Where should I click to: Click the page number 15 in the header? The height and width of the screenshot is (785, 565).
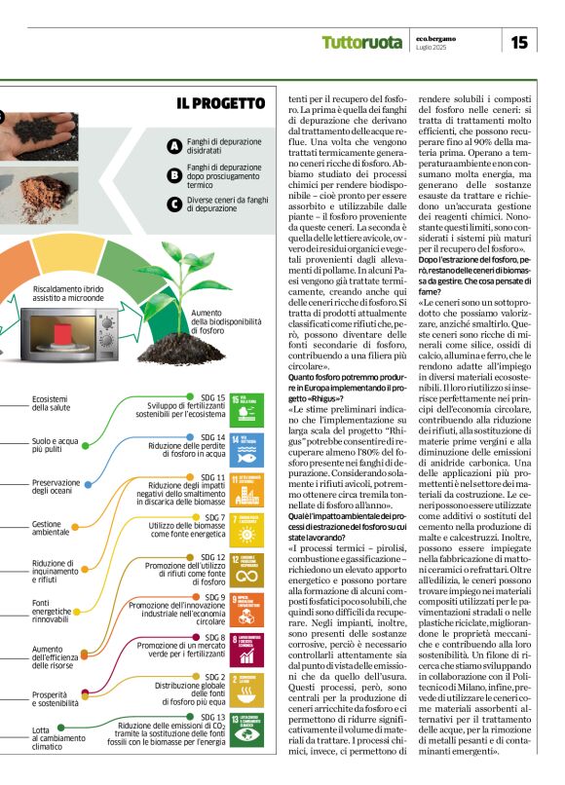tap(519, 41)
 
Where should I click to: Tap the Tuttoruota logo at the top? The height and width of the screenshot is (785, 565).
tap(361, 42)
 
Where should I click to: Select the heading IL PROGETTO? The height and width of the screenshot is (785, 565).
tap(221, 103)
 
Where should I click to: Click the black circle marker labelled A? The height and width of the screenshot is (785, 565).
tap(174, 146)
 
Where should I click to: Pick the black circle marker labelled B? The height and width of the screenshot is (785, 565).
tap(174, 175)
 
